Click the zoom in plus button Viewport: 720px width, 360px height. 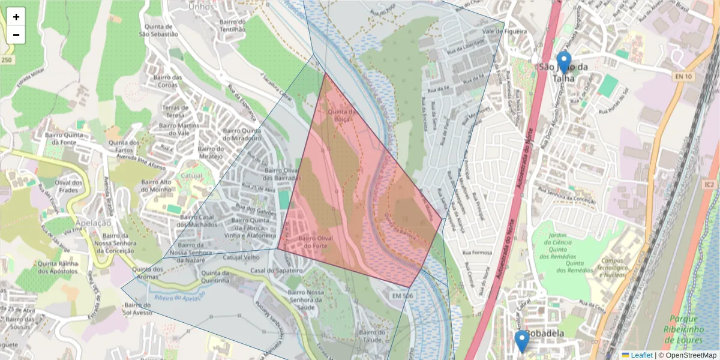(x=16, y=17)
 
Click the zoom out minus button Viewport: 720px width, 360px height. (x=16, y=35)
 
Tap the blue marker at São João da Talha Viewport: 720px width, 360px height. (x=563, y=62)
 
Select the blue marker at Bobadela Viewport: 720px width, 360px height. (x=522, y=341)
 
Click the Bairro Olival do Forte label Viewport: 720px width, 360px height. (x=316, y=242)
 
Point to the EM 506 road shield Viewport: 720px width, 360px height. (x=403, y=296)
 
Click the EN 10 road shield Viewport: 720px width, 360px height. (x=683, y=76)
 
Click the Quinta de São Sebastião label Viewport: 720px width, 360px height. (x=158, y=30)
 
